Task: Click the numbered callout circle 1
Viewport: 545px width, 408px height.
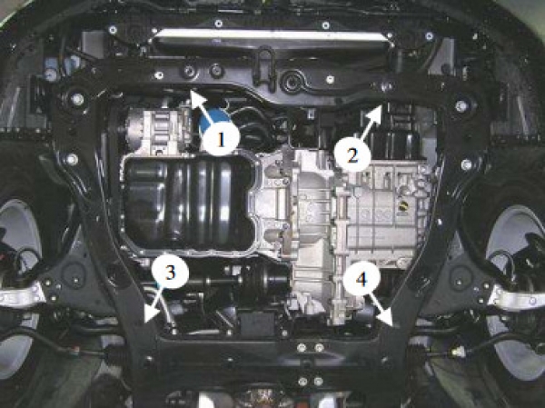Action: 222,140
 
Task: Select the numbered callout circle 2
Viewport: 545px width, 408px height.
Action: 352,155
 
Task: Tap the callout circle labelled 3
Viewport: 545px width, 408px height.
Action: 171,273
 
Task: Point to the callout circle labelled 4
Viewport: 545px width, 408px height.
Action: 362,279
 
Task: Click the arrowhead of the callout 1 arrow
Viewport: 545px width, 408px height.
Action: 194,96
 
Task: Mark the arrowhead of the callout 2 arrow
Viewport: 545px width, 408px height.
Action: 376,111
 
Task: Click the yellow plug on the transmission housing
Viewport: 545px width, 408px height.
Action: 404,205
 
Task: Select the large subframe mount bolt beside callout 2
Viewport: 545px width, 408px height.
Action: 461,105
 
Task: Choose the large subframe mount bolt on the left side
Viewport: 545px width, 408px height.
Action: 77,99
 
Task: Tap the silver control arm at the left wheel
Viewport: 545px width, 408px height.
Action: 22,296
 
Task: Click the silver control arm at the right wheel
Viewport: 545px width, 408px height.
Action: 518,298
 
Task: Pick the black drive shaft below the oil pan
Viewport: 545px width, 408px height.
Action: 243,279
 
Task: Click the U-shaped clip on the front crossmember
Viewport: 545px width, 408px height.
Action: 265,65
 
